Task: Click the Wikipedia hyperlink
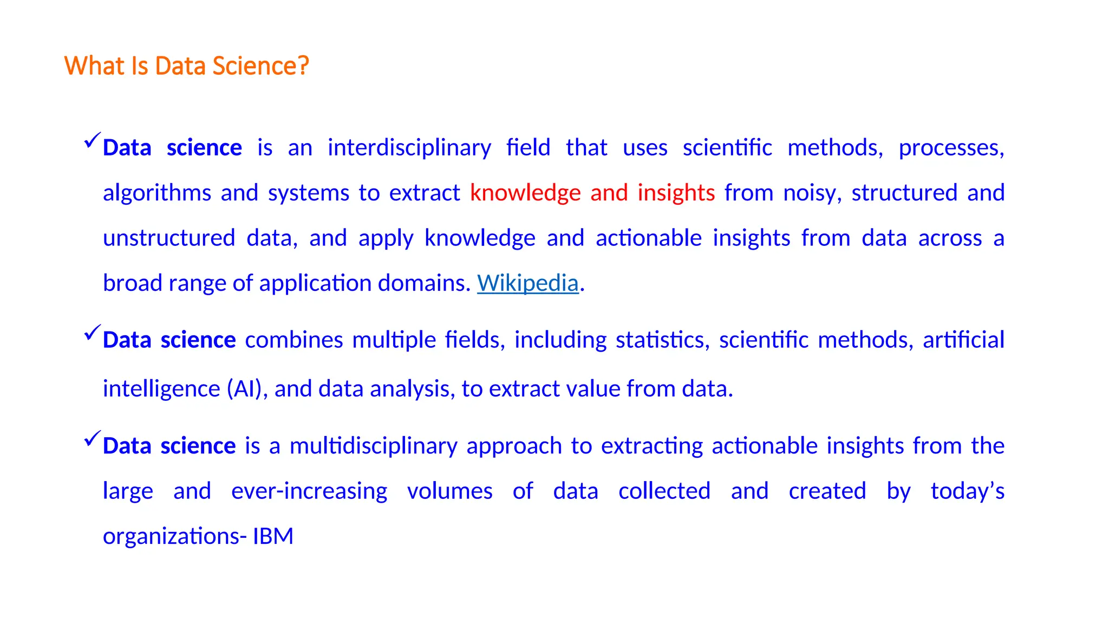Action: [x=527, y=283]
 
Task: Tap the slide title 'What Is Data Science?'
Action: [x=186, y=66]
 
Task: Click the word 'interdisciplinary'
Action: [x=409, y=148]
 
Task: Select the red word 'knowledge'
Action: [x=525, y=193]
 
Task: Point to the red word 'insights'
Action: [x=676, y=193]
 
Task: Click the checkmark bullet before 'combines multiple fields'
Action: [x=93, y=332]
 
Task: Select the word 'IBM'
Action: [x=273, y=536]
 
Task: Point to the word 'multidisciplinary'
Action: [x=373, y=446]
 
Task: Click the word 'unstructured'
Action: [x=169, y=238]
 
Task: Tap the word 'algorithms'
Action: [x=157, y=193]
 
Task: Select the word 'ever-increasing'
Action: [x=309, y=491]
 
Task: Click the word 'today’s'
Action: [x=967, y=491]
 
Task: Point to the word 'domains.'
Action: [x=424, y=283]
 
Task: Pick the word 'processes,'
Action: [x=951, y=148]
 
